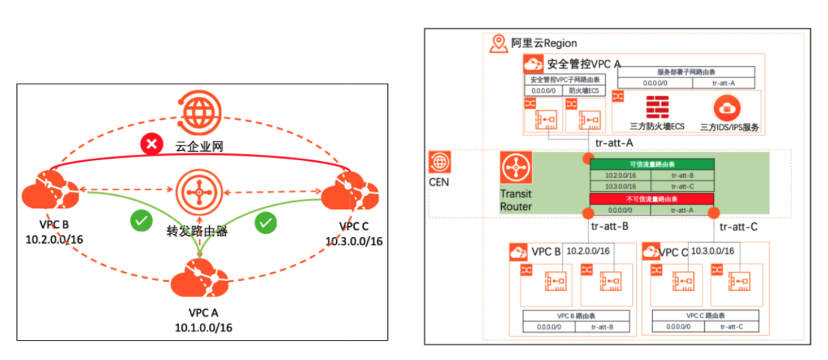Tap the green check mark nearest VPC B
(x=140, y=221)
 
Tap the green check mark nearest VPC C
(x=266, y=223)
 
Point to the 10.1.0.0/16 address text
(x=200, y=327)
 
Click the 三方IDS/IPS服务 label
(x=728, y=126)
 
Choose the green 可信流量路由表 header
(x=651, y=164)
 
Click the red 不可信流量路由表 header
(x=651, y=199)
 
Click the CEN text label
(x=440, y=182)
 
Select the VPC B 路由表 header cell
(x=575, y=316)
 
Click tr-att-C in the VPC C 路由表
(x=734, y=327)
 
